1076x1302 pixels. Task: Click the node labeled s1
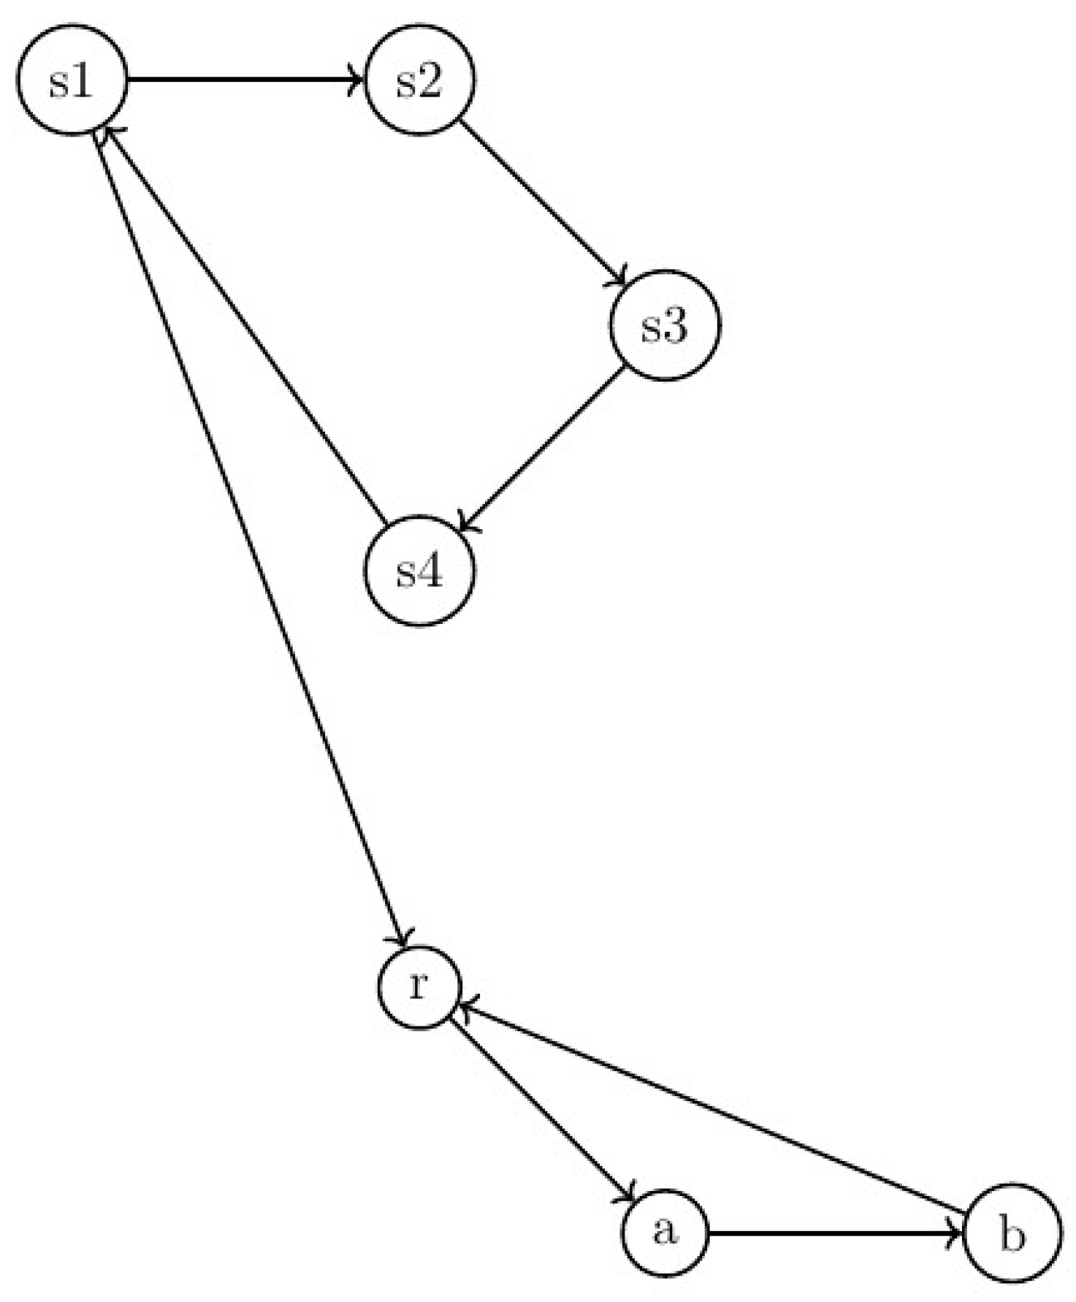(x=72, y=80)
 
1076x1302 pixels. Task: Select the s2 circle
(x=419, y=80)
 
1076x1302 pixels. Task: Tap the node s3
(x=665, y=325)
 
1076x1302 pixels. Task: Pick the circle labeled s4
(x=419, y=571)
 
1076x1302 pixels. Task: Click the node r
(x=419, y=987)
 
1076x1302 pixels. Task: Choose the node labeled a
(x=665, y=1233)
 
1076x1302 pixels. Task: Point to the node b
(x=1012, y=1233)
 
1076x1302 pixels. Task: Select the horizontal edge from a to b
(x=833, y=1233)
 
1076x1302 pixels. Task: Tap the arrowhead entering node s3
(x=621, y=281)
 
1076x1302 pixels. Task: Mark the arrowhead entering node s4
(x=466, y=525)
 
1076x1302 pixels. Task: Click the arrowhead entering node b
(x=955, y=1233)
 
